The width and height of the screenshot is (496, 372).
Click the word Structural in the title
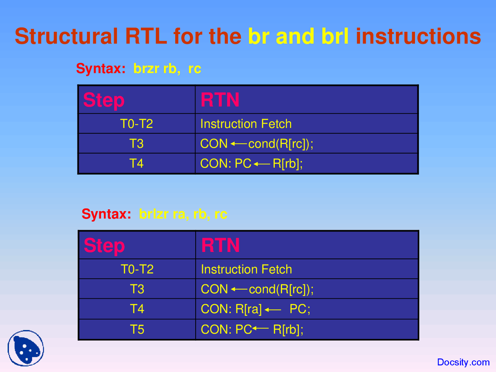coord(66,36)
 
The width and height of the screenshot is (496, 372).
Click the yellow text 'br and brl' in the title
coord(298,36)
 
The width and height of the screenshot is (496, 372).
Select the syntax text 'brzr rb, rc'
coord(167,69)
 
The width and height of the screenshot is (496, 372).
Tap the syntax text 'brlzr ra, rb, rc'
coord(183,214)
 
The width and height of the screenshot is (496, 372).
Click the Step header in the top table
coord(103,100)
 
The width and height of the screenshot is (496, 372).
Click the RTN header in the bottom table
coord(220,245)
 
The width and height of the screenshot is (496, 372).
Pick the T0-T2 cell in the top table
coord(136,124)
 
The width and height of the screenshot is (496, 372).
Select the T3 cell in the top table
coord(136,144)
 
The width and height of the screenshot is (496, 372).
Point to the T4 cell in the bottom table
coord(137,309)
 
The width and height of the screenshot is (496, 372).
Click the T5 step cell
coord(137,329)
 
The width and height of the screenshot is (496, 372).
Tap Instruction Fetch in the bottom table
coord(246,269)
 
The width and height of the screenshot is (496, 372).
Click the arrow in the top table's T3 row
coord(238,144)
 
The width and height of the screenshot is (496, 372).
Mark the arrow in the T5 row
coord(261,329)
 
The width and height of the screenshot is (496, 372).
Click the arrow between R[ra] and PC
coord(273,310)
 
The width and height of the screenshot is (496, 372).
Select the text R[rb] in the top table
coord(287,164)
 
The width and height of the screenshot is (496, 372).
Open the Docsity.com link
coord(463,362)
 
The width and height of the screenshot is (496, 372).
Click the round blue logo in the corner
coord(26,348)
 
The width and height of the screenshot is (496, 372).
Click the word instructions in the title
coord(418,36)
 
